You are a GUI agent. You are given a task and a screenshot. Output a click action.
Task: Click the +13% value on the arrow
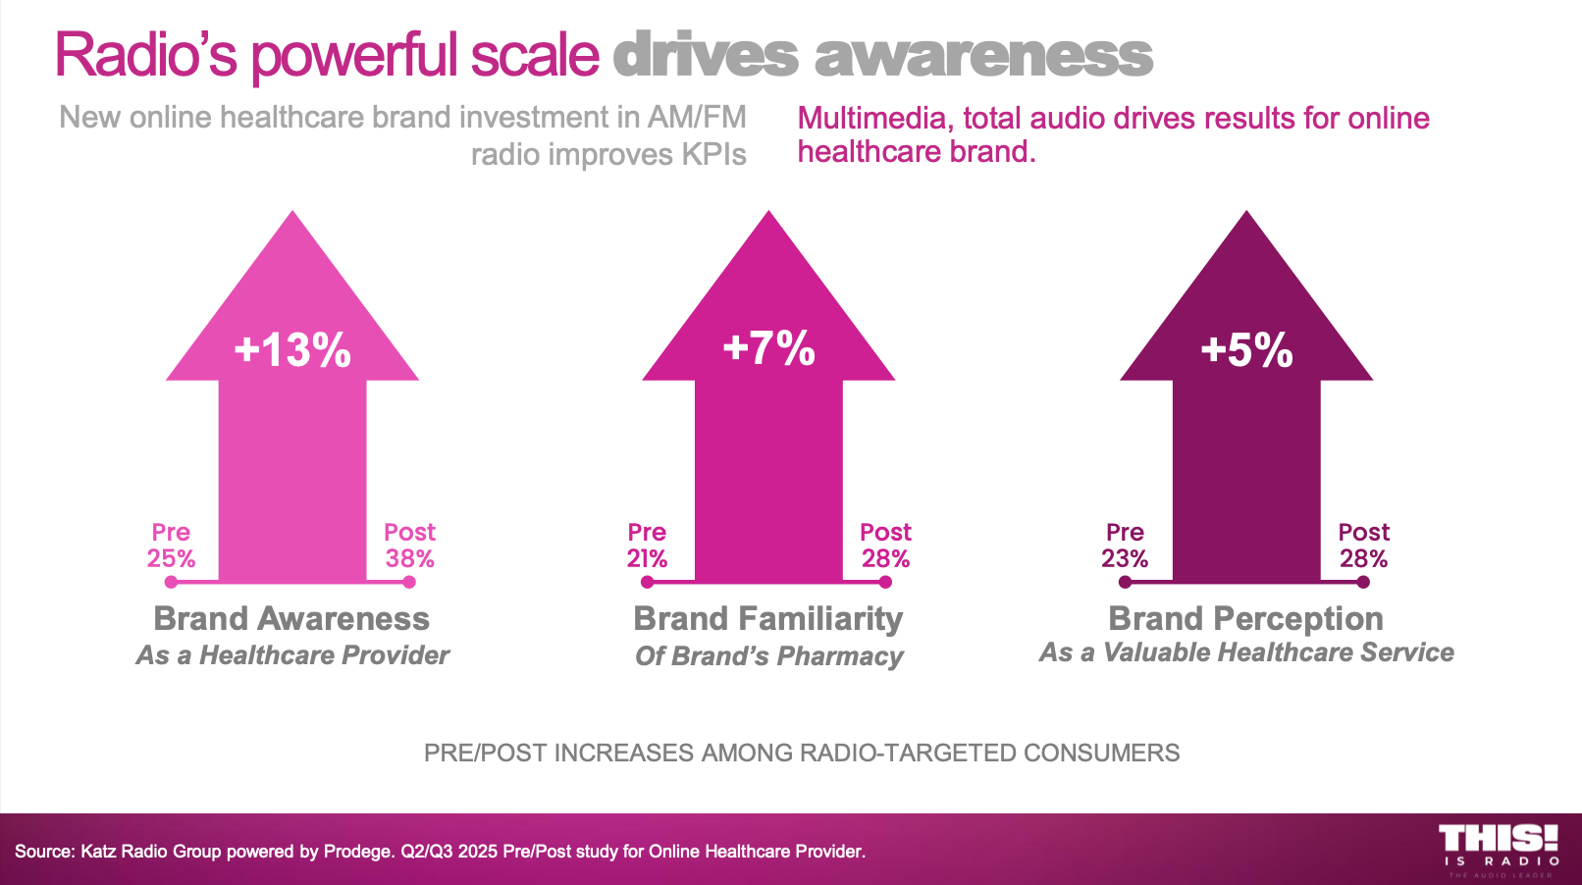click(x=292, y=350)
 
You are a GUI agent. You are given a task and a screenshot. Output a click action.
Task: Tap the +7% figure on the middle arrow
click(x=768, y=348)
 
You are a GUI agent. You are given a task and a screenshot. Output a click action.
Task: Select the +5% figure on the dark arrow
click(x=1246, y=350)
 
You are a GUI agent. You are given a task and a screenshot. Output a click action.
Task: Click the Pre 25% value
click(x=171, y=558)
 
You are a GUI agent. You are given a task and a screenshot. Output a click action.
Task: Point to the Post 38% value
click(x=409, y=558)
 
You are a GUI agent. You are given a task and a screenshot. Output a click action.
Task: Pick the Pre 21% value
click(x=647, y=558)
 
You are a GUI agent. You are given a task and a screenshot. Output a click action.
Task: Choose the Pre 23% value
click(x=1125, y=558)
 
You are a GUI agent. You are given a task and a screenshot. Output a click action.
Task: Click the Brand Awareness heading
click(x=291, y=619)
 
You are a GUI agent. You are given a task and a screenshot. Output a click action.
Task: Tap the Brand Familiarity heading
click(x=767, y=619)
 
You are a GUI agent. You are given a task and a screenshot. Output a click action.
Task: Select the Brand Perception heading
click(x=1245, y=619)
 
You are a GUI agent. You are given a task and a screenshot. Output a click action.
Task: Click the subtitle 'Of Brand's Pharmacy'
click(x=768, y=656)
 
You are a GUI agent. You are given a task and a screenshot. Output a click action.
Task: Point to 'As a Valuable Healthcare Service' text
click(x=1246, y=652)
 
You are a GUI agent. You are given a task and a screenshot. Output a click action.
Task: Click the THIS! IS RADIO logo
click(x=1499, y=850)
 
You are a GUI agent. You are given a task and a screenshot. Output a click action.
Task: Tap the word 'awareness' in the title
click(x=983, y=55)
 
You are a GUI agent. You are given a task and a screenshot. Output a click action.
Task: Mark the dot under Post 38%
click(x=409, y=583)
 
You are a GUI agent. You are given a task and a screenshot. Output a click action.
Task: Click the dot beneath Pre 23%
click(x=1125, y=583)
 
